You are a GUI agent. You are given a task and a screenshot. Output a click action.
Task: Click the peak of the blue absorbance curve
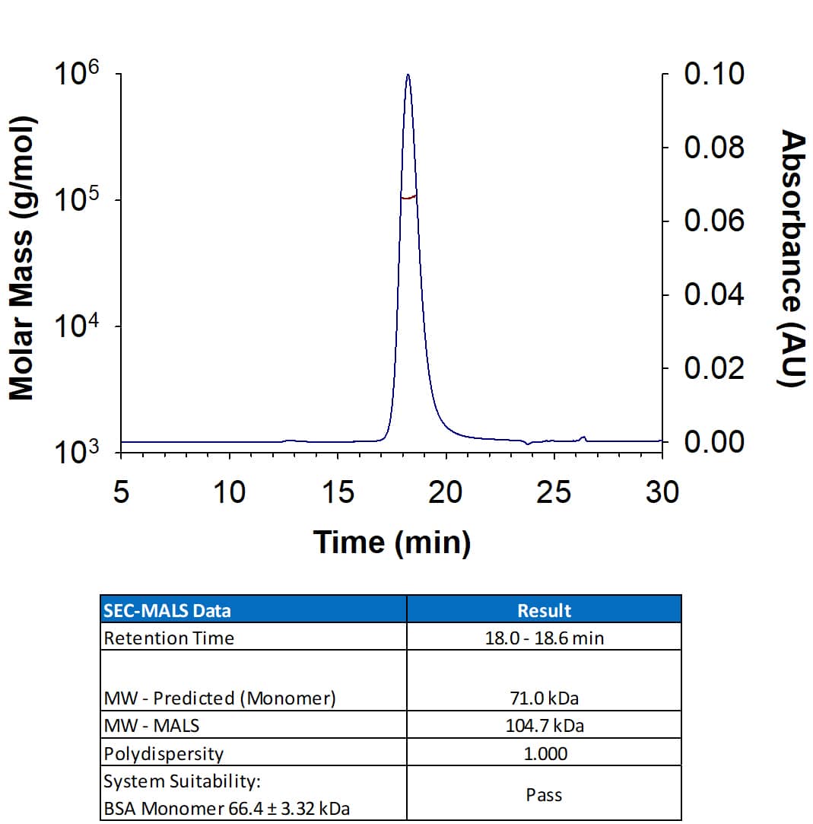pos(408,75)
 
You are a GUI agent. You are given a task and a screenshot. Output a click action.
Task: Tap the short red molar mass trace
pos(408,197)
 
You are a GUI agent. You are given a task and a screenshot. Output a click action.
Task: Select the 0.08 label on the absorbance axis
pos(714,148)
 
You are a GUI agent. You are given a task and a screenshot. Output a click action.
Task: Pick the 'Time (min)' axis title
pos(392,542)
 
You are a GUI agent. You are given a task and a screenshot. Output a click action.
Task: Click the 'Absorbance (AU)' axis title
pos(792,259)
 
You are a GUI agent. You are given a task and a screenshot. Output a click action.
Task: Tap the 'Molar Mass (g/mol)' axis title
pos(22,259)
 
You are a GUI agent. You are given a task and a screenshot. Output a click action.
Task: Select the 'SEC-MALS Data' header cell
pos(167,610)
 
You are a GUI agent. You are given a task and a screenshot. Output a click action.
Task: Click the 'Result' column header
pos(544,610)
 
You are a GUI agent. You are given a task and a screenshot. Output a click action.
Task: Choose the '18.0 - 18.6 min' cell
pos(544,638)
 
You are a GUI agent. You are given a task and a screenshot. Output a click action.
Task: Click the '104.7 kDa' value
pos(544,725)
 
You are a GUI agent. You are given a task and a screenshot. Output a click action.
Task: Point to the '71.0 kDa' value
pos(544,698)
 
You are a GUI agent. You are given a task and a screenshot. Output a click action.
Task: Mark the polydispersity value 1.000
pos(544,753)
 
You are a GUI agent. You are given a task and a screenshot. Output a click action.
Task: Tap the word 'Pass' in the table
pos(544,795)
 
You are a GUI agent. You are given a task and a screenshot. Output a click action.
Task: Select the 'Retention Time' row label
pos(169,638)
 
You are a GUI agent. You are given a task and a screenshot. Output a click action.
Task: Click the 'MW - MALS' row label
pos(151,725)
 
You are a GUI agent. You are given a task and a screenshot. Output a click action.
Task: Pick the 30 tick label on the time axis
pos(662,492)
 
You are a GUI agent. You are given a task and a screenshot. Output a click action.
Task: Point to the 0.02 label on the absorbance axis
pos(714,369)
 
